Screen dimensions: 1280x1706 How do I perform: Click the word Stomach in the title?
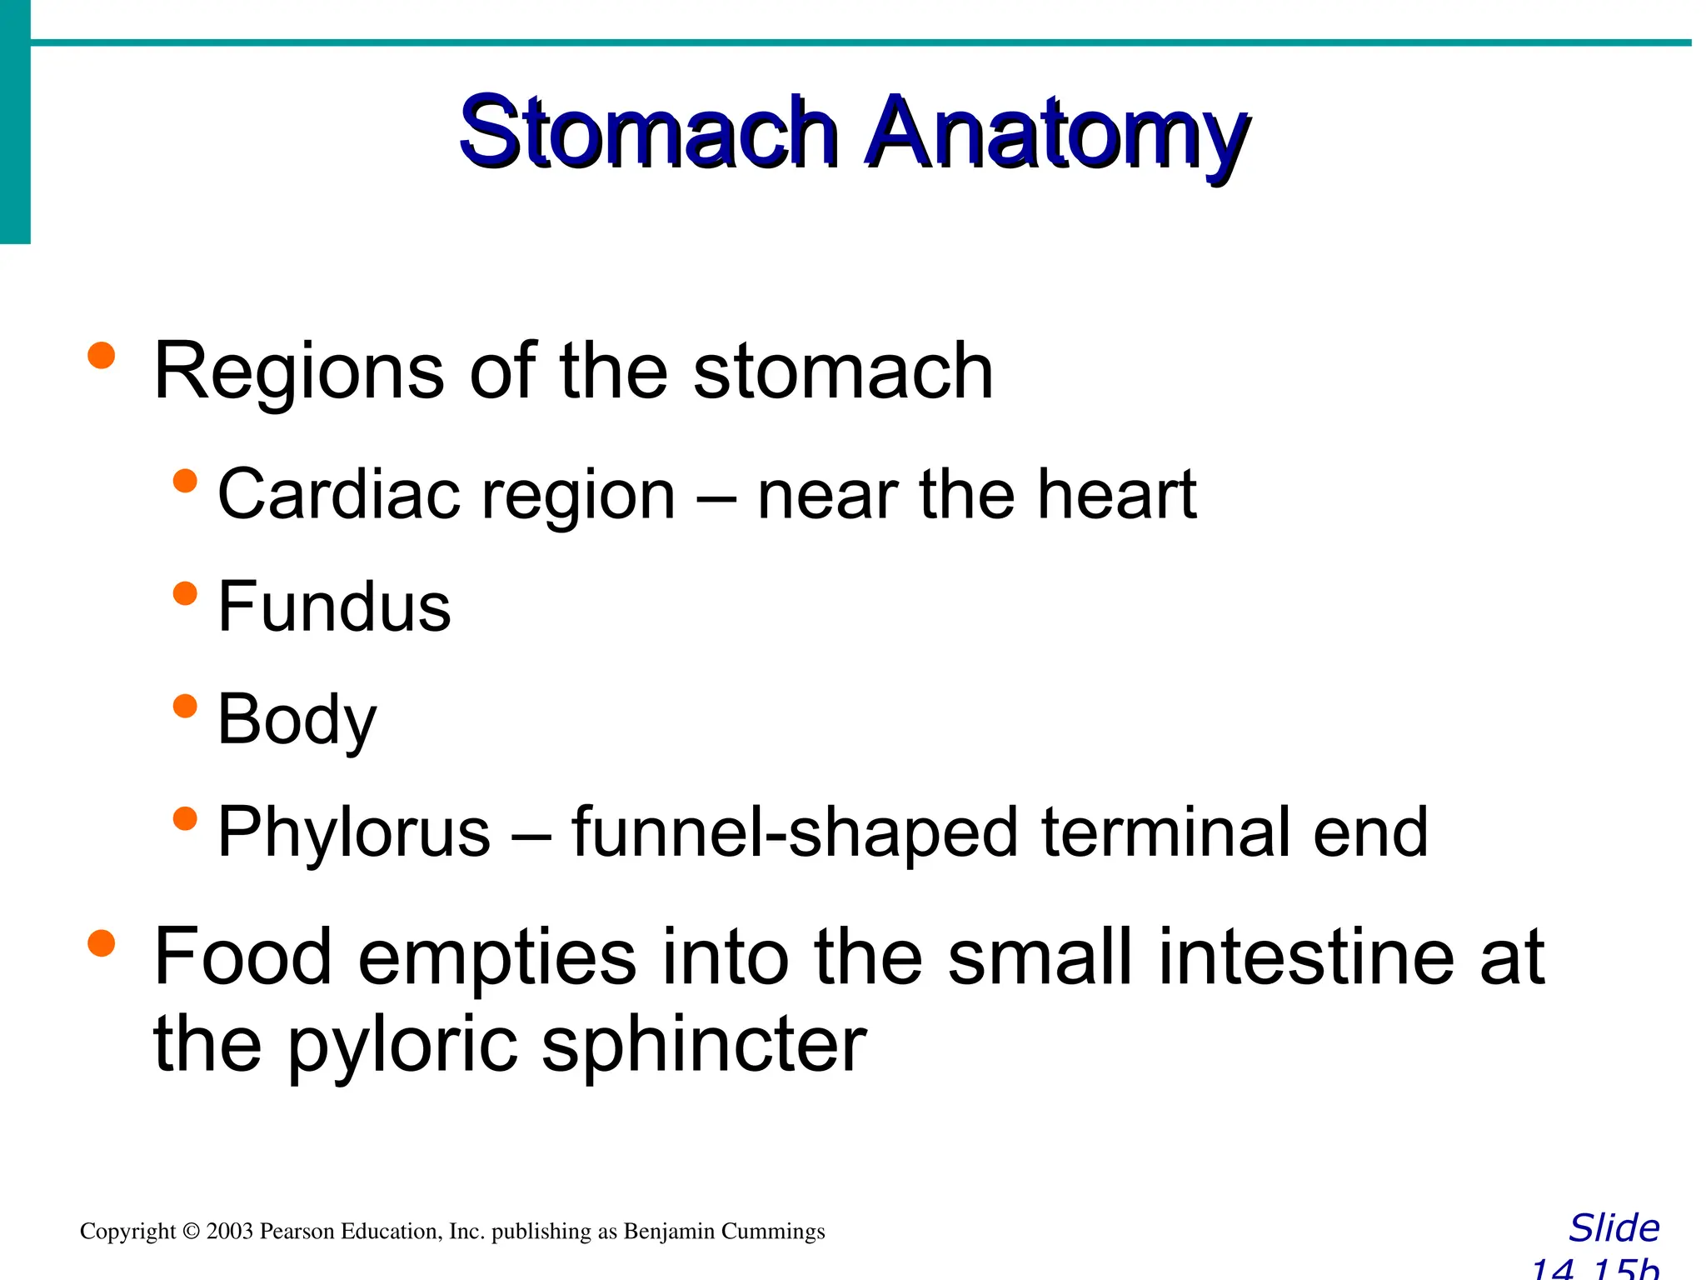pyautogui.click(x=647, y=133)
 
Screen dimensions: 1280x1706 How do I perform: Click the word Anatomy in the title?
pyautogui.click(x=1055, y=135)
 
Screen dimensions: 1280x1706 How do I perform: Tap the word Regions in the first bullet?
pyautogui.click(x=299, y=371)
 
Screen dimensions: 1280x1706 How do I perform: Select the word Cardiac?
pyautogui.click(x=337, y=494)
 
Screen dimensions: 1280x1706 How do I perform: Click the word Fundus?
pyautogui.click(x=334, y=607)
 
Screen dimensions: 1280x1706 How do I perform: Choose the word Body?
pyautogui.click(x=297, y=721)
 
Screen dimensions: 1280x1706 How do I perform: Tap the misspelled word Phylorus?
pyautogui.click(x=354, y=832)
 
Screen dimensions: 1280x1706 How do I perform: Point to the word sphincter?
pyautogui.click(x=704, y=1045)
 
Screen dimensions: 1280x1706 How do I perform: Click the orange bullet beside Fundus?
pyautogui.click(x=185, y=594)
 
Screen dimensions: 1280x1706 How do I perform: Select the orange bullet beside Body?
pyautogui.click(x=185, y=707)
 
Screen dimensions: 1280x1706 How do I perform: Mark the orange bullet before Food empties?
pyautogui.click(x=101, y=943)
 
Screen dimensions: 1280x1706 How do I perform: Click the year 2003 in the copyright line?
pyautogui.click(x=229, y=1232)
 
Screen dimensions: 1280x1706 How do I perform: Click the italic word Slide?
pyautogui.click(x=1614, y=1228)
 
